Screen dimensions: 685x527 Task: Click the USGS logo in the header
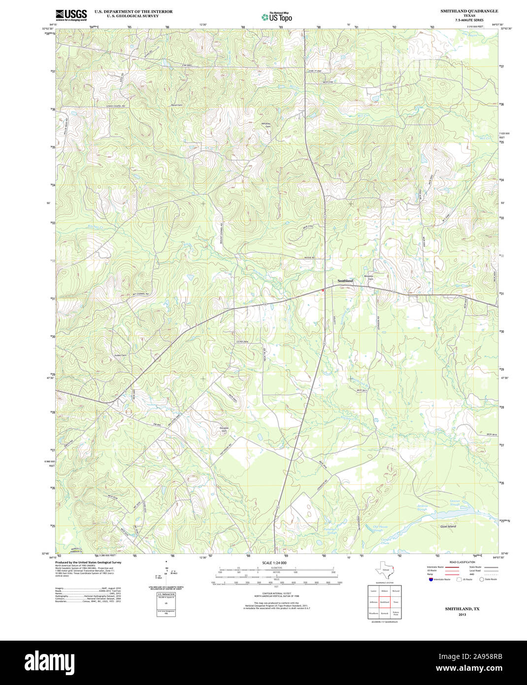pos(71,15)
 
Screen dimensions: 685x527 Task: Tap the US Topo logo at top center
pos(276,17)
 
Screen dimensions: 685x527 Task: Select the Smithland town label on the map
pos(345,281)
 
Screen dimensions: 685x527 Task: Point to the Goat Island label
pos(448,526)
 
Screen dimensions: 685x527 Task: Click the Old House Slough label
pos(377,528)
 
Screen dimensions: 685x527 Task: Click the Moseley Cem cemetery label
pos(369,277)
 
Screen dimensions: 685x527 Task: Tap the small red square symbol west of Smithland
pos(323,291)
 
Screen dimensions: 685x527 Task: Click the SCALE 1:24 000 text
pos(274,562)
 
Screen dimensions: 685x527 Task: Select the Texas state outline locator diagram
pos(384,572)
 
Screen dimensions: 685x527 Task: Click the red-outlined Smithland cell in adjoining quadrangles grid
pos(384,602)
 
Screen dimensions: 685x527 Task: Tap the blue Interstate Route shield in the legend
pos(431,580)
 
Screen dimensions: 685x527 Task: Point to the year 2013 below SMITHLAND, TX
pos(462,615)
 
